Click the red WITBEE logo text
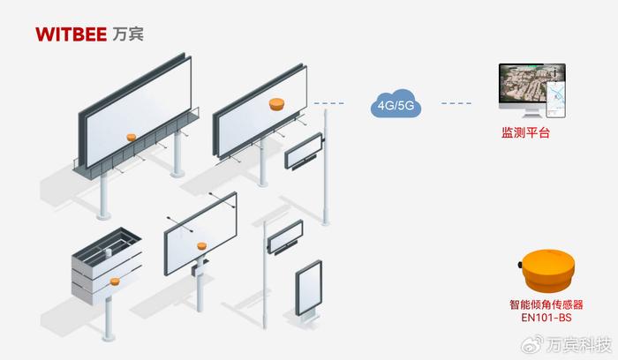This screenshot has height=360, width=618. [71, 34]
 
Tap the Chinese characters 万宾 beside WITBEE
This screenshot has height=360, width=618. [128, 34]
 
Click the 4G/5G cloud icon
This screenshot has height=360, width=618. [396, 103]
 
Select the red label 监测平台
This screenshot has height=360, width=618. [525, 132]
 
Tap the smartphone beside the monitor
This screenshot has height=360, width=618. [555, 100]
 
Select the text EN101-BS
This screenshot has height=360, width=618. [546, 318]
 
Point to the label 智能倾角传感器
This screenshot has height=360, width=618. [546, 304]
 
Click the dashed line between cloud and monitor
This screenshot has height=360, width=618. [456, 103]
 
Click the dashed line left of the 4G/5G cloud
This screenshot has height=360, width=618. [328, 103]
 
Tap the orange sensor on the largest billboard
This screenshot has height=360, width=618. [132, 137]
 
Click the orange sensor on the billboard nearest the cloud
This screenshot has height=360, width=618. [276, 104]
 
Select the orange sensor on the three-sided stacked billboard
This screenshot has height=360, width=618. [115, 281]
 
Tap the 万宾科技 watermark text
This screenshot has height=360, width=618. [578, 345]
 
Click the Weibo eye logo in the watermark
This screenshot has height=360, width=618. [532, 345]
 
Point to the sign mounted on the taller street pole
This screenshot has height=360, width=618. [304, 151]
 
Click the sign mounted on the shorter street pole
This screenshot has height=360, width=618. [285, 236]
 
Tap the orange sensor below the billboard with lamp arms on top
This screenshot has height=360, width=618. [201, 246]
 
